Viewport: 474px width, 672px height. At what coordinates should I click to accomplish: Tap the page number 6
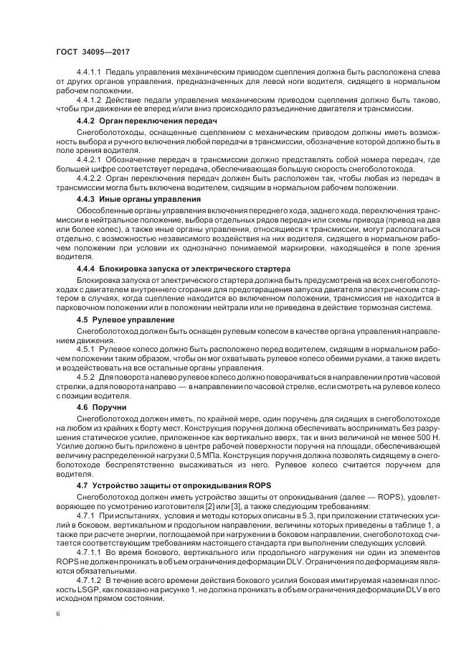(x=57, y=614)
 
